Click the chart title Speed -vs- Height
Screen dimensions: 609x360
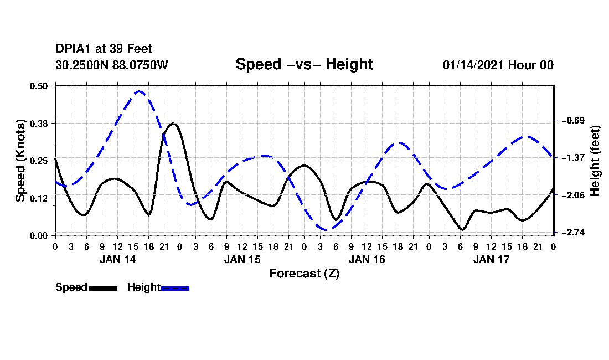tap(304, 64)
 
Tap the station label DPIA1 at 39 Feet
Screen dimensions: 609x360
tap(104, 49)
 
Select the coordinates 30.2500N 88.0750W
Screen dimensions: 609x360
tap(112, 65)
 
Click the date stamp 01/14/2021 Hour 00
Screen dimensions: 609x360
tap(498, 65)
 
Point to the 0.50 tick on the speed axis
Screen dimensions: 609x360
tap(38, 86)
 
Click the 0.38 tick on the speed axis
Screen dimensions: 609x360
tap(38, 123)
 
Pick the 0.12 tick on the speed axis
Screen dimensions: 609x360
tap(38, 198)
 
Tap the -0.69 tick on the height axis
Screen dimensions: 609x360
tap(573, 120)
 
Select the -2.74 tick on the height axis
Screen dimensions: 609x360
tap(573, 232)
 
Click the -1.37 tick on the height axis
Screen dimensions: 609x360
tap(573, 158)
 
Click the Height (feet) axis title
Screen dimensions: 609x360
tap(595, 161)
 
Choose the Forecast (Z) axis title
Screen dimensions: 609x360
tap(304, 274)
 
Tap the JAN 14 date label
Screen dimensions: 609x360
tap(118, 259)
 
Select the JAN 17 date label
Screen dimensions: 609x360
tap(491, 259)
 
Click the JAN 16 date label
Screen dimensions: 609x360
tap(367, 259)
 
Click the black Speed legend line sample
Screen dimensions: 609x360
tap(104, 288)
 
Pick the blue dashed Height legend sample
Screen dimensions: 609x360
tap(175, 288)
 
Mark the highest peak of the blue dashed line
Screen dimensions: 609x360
tap(140, 91)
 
